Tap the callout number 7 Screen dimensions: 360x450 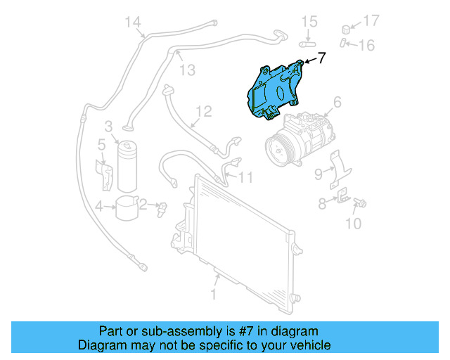pos(321,58)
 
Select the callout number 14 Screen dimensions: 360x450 pos(134,22)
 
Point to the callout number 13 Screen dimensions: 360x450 pos(186,70)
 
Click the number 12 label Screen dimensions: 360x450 pos(202,111)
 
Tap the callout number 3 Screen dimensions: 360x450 pos(109,127)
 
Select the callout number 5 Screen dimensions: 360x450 pos(101,145)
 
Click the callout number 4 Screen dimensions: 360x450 pos(101,206)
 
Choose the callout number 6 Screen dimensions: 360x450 pos(337,103)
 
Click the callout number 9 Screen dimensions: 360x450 pos(318,174)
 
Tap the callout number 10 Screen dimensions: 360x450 pos(353,224)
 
